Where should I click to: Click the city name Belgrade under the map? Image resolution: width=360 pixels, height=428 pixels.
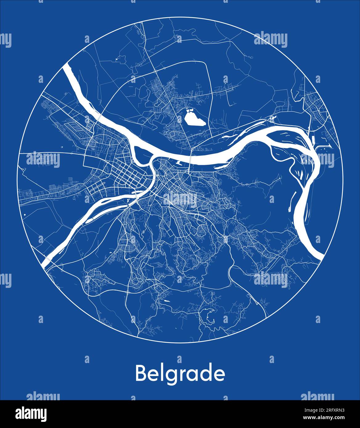[180, 374]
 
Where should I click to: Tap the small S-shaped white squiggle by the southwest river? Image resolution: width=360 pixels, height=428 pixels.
[127, 200]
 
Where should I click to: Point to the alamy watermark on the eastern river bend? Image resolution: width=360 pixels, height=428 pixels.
[317, 159]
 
